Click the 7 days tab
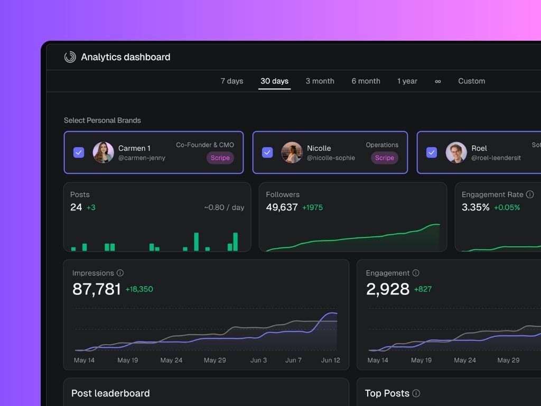232,81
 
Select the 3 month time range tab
320,81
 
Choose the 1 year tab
407,81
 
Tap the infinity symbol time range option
437,81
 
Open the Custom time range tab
471,81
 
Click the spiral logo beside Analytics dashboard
70,57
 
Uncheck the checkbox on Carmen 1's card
79,152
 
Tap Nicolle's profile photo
292,152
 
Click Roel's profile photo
456,152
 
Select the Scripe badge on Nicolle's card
385,158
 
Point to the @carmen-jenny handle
142,158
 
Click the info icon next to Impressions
120,273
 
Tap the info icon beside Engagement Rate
530,195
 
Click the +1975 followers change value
312,208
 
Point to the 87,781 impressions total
97,289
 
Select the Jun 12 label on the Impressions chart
330,360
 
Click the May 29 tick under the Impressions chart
214,360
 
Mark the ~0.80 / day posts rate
224,208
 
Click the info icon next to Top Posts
416,393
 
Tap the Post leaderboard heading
110,393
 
